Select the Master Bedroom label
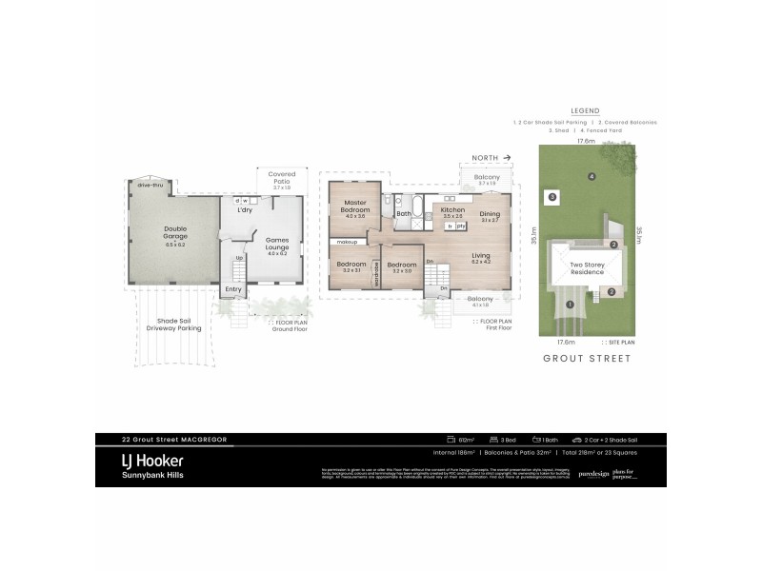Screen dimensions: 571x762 pyautogui.click(x=355, y=207)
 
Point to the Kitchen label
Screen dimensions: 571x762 pyautogui.click(x=452, y=209)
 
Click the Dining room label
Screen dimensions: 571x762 pyautogui.click(x=490, y=215)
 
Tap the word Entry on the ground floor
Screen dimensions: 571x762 pyautogui.click(x=233, y=289)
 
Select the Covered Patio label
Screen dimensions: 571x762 pyautogui.click(x=282, y=178)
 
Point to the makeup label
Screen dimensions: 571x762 pyautogui.click(x=345, y=242)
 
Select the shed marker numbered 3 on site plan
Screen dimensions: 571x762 pyautogui.click(x=551, y=197)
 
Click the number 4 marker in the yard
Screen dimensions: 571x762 pyautogui.click(x=592, y=176)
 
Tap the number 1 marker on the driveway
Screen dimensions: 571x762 pyautogui.click(x=570, y=305)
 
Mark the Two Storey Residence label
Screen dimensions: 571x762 pyautogui.click(x=587, y=268)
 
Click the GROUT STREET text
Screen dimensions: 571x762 pyautogui.click(x=586, y=359)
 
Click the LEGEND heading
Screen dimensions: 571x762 pyautogui.click(x=584, y=110)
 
